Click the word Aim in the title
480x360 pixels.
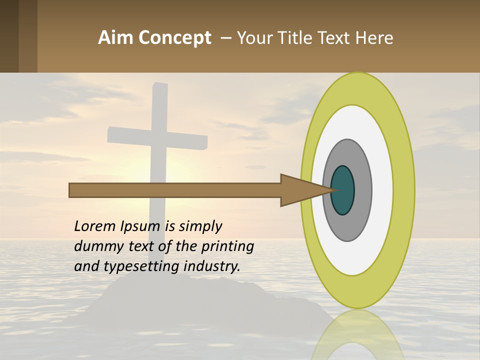116,38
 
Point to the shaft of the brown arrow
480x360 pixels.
175,190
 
